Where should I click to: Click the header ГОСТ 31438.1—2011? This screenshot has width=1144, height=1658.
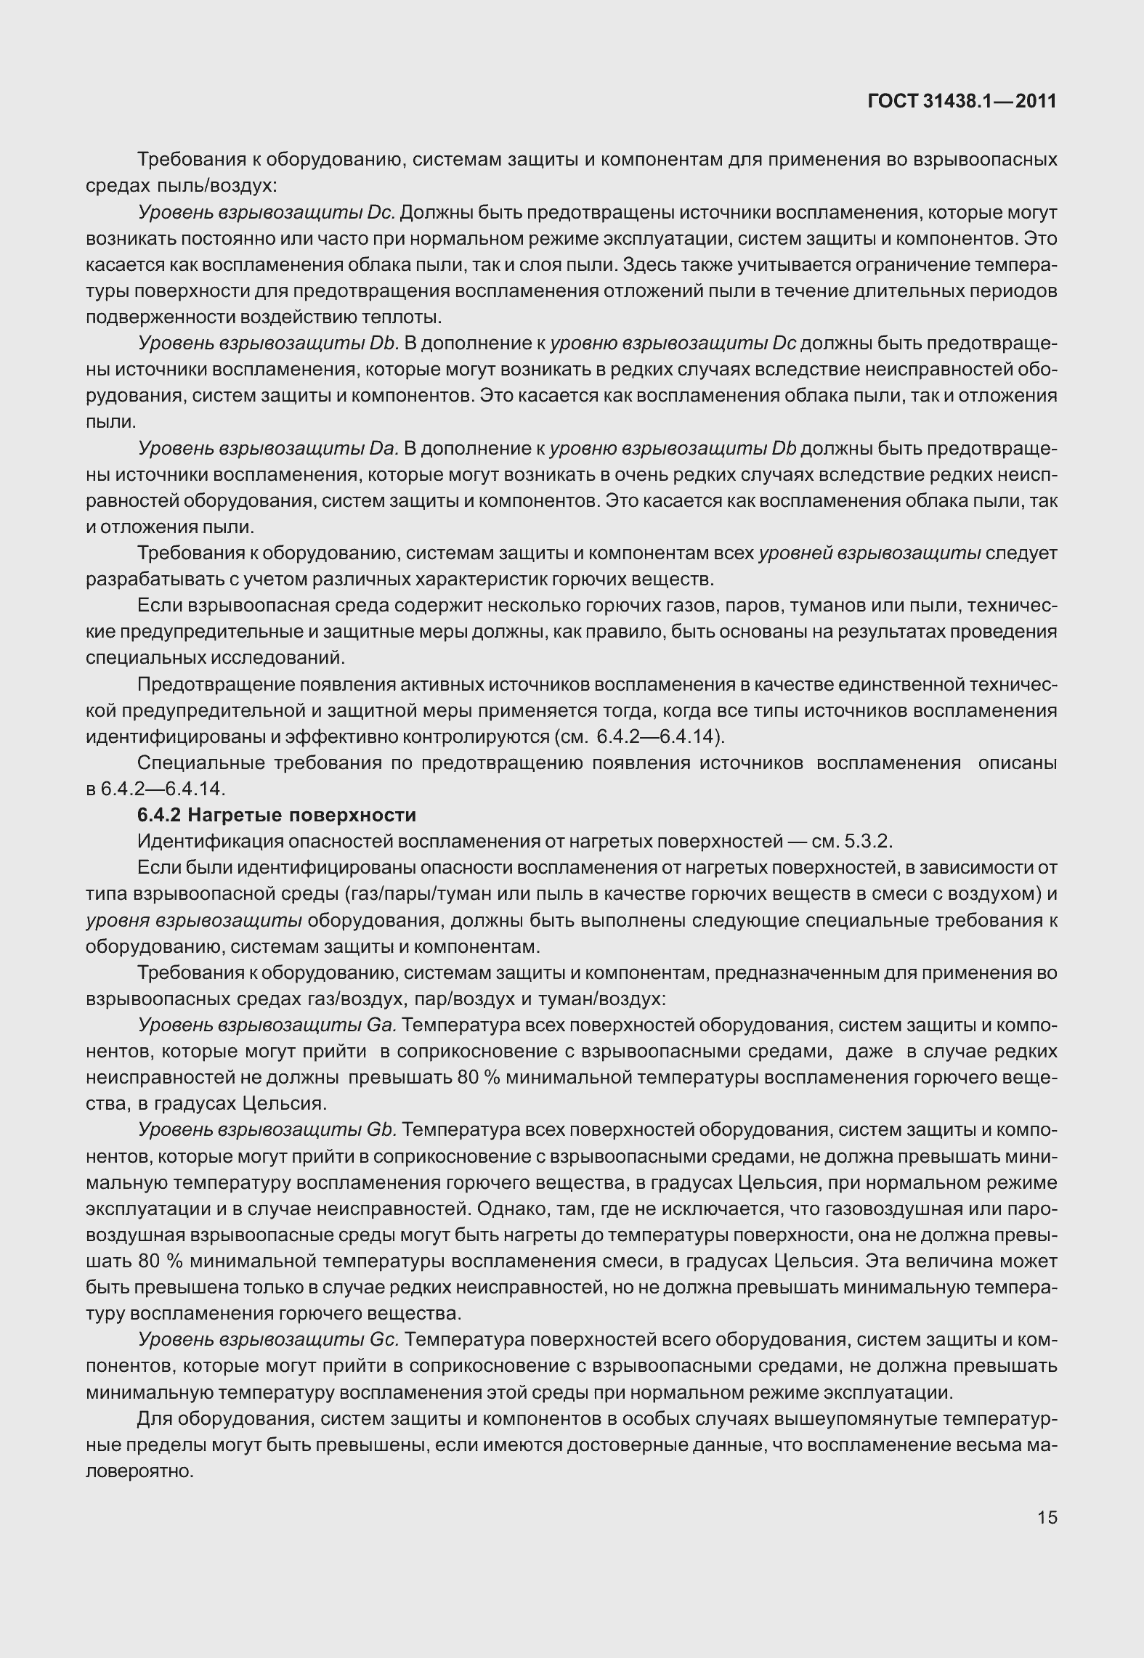tap(962, 102)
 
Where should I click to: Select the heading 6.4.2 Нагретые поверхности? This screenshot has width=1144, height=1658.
tap(277, 815)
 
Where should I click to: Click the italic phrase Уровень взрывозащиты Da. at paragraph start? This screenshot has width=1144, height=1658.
tap(268, 449)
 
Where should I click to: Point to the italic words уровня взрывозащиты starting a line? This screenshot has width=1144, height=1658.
tap(193, 921)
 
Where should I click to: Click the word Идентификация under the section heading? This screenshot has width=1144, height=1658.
tap(210, 842)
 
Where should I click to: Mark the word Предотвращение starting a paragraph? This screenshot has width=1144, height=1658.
tap(214, 684)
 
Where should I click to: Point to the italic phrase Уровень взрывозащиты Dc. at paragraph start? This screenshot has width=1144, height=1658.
tap(267, 212)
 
